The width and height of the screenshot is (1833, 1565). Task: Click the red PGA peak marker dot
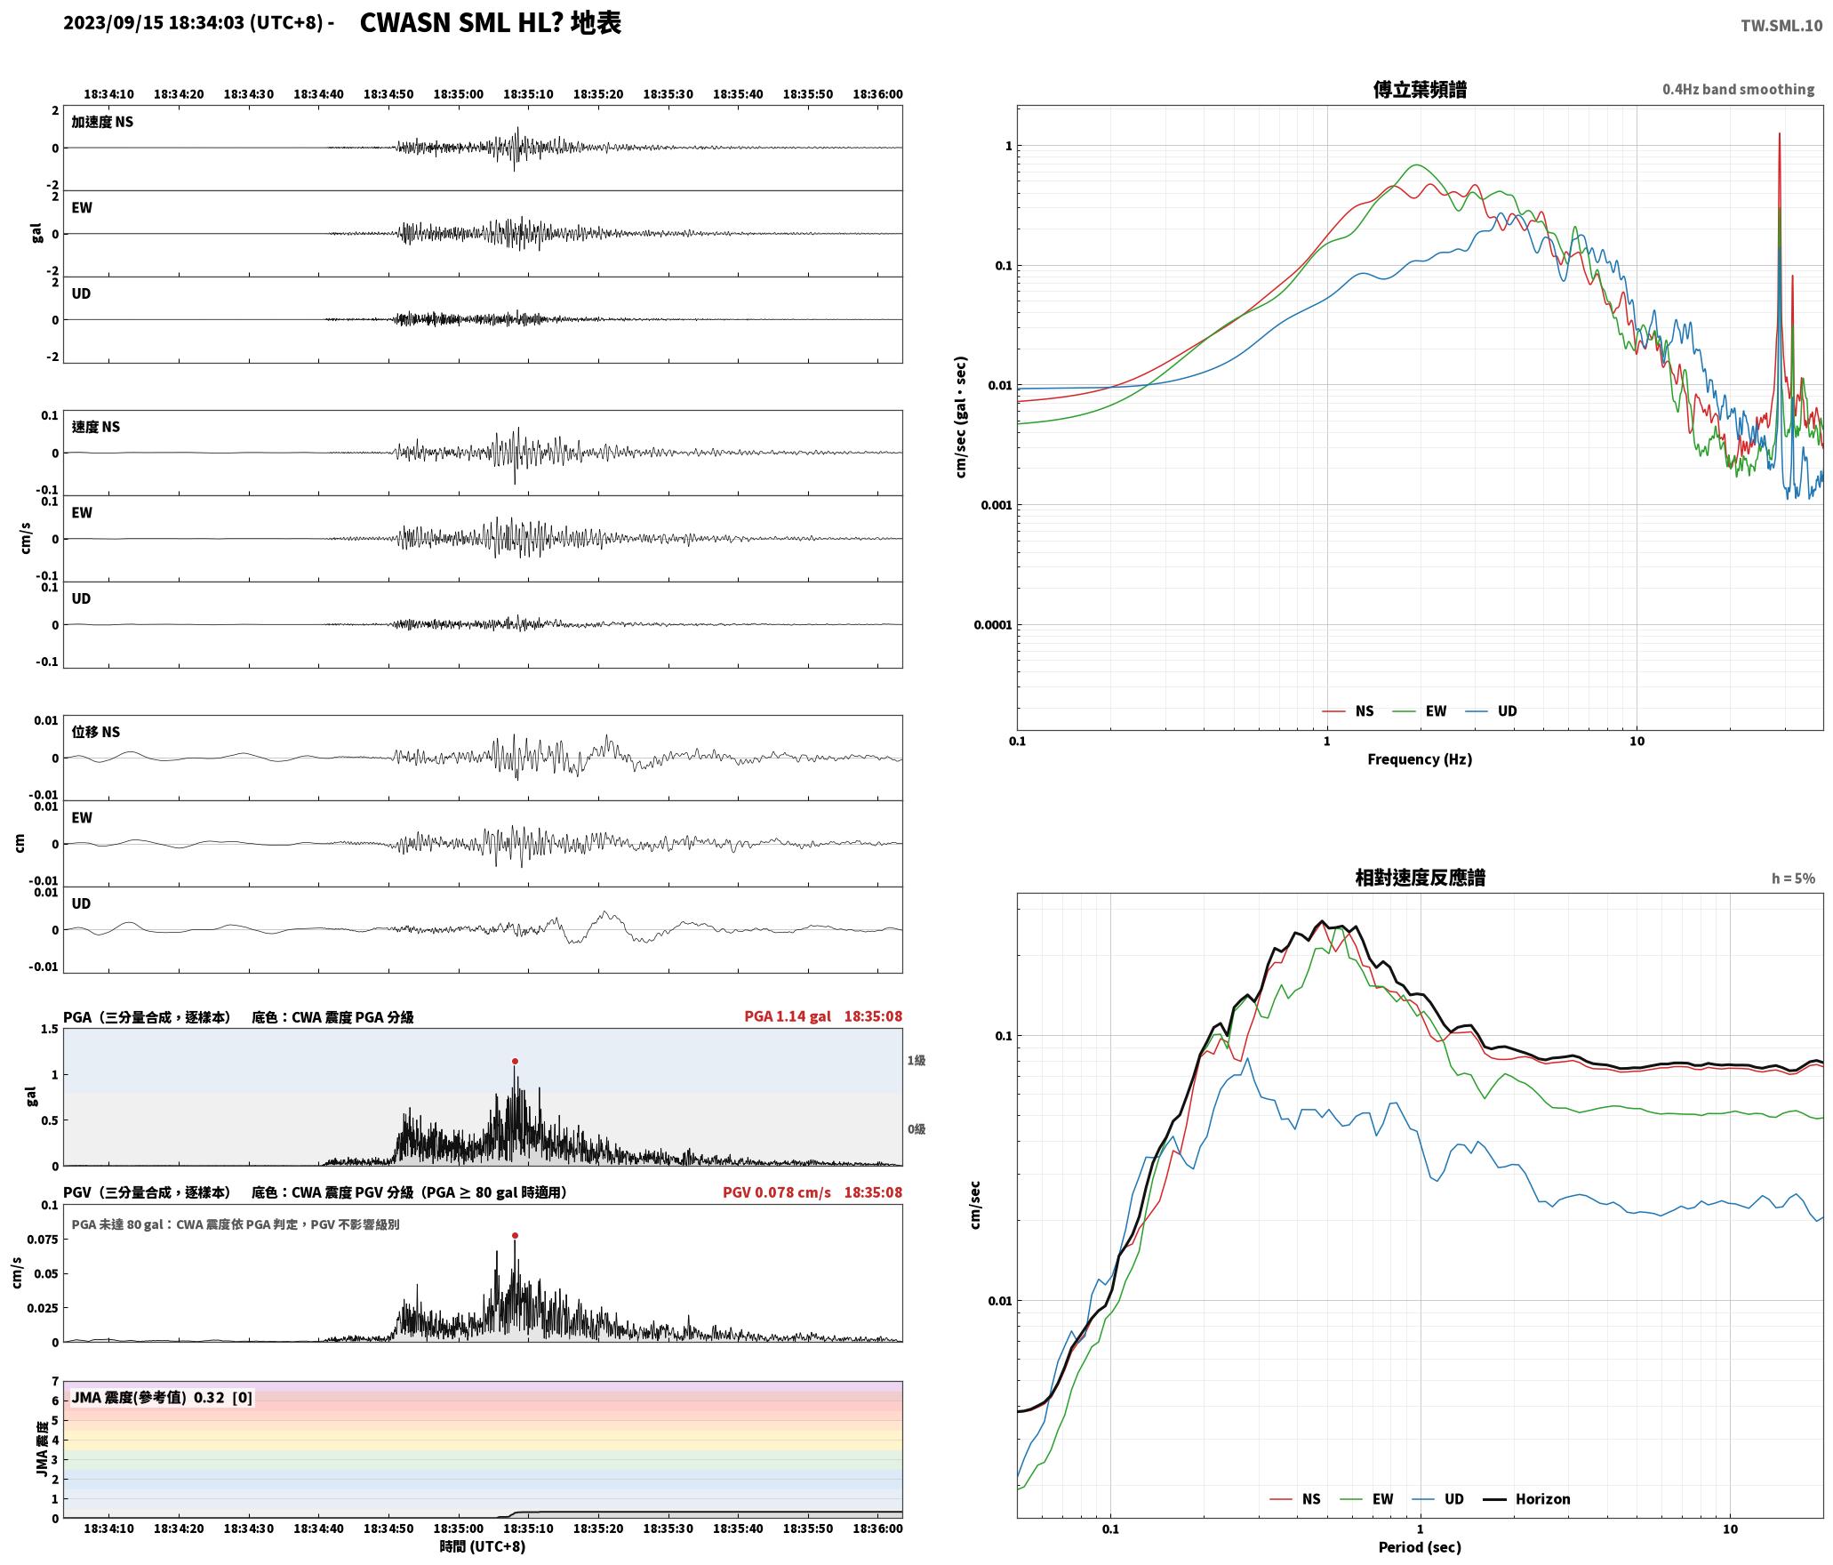pos(515,1061)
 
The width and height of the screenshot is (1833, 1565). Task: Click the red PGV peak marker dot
pos(515,1235)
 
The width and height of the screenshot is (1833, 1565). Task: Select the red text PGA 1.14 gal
pos(788,1016)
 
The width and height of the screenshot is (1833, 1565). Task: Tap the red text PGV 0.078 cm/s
pos(777,1192)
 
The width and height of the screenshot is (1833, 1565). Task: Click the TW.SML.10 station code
pos(1781,26)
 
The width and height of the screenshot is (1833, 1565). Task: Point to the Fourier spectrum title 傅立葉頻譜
pos(1420,90)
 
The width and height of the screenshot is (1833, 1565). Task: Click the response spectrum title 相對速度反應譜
pos(1420,878)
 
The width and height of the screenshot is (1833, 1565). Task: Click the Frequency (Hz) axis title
pos(1420,758)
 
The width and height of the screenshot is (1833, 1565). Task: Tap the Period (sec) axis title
pos(1420,1546)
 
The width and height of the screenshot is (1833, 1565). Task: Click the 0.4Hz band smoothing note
pos(1738,90)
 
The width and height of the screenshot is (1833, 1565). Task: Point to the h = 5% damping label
pos(1793,879)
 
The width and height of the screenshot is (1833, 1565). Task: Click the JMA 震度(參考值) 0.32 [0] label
pos(162,1397)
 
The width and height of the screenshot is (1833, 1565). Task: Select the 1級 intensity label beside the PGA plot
pos(916,1060)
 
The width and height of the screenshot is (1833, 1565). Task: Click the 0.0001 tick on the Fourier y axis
pos(992,625)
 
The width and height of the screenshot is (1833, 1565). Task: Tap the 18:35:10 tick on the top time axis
pos(528,94)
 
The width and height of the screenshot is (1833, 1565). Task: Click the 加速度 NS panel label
pos(102,122)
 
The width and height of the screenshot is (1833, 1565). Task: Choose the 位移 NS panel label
pos(96,732)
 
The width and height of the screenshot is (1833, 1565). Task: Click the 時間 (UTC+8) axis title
pos(483,1546)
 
